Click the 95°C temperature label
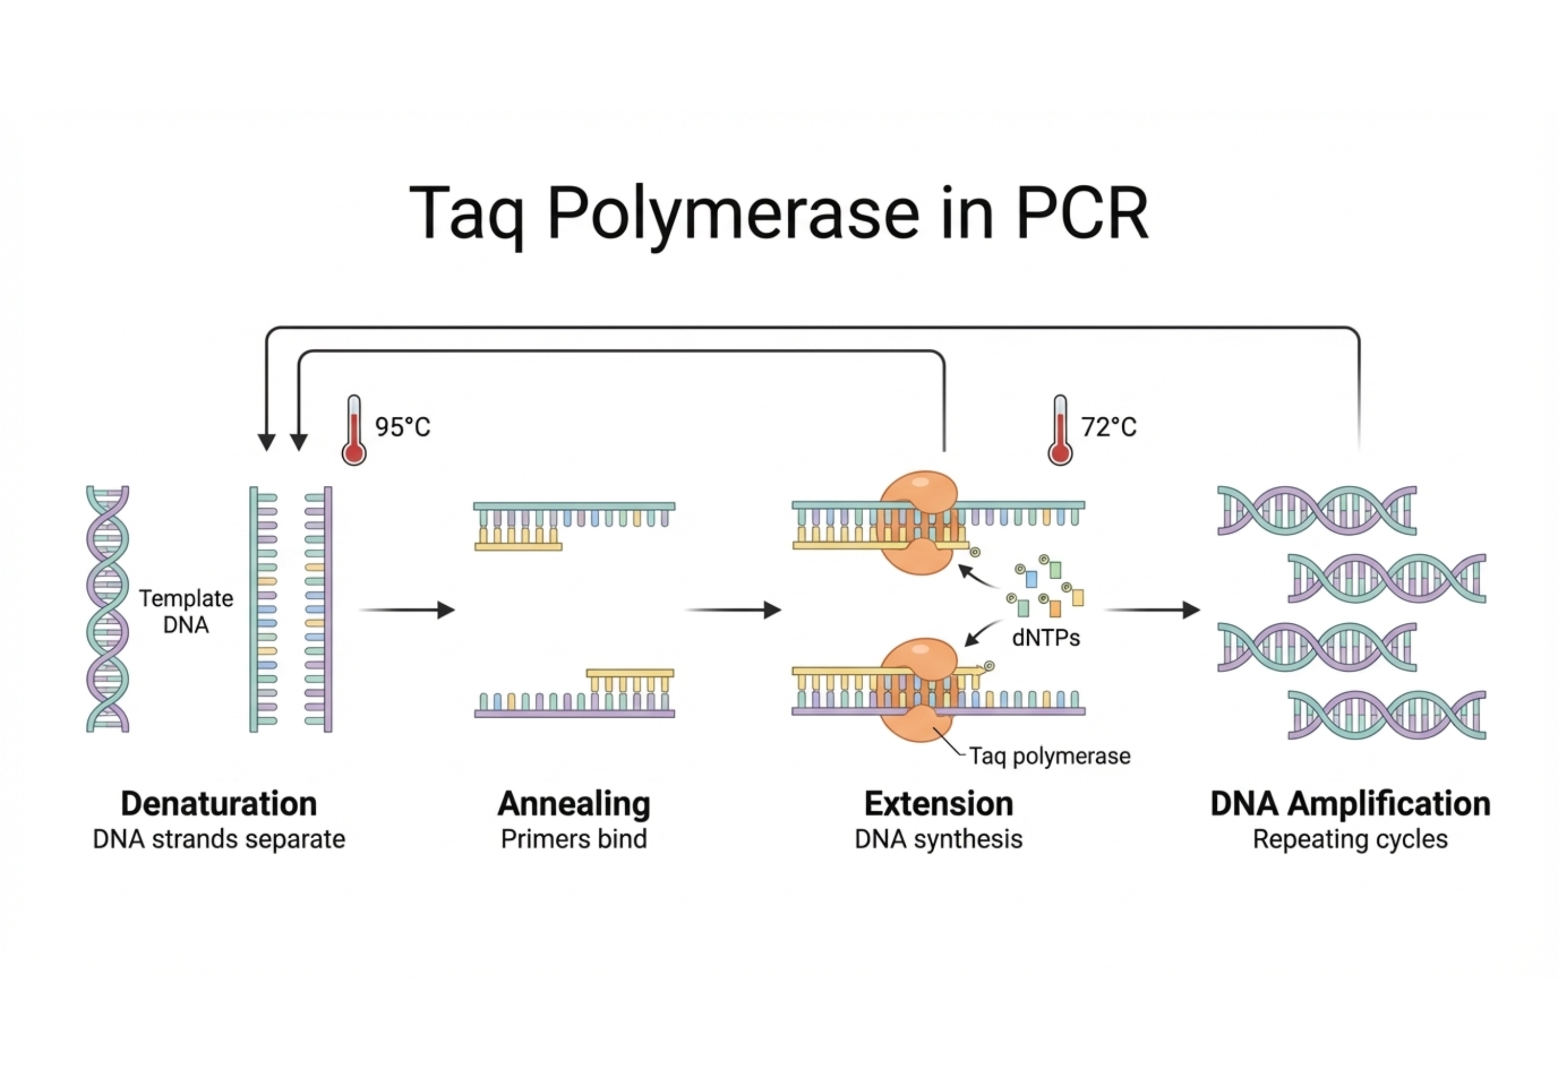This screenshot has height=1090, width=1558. point(402,427)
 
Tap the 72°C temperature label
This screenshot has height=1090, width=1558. point(1108,427)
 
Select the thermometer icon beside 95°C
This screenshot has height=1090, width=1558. point(354,431)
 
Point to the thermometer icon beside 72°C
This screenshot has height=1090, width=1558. point(1060,431)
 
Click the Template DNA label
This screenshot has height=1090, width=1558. point(186,611)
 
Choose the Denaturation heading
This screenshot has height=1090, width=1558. point(219,804)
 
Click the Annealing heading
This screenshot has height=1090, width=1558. point(573,804)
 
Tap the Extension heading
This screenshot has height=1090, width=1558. point(938,804)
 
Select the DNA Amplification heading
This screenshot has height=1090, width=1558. point(1350,804)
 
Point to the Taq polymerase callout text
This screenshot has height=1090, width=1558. point(1050,756)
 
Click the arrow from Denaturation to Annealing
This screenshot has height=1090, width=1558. point(407,610)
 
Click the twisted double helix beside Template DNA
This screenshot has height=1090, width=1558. point(107,609)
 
